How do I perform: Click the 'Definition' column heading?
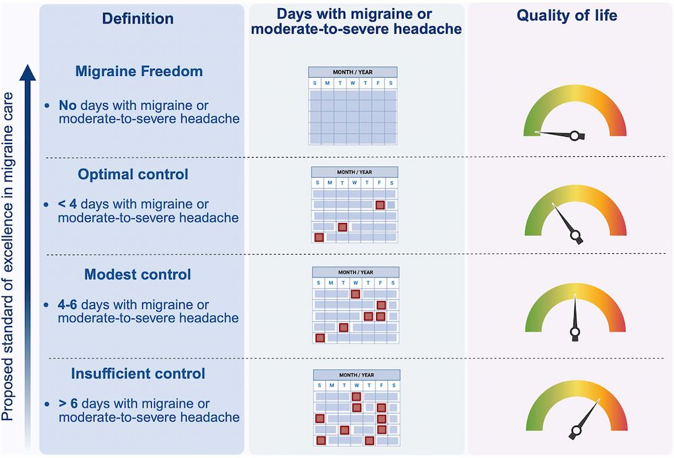point(137,18)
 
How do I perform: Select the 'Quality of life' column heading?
point(567,15)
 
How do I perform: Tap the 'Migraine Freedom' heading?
point(139,71)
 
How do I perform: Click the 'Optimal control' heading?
point(133,174)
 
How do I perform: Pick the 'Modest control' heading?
point(137,274)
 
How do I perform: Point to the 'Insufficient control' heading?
point(138,373)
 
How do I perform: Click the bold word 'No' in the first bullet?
point(67,105)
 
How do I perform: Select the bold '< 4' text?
point(67,203)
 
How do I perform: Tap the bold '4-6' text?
point(67,304)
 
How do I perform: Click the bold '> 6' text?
point(68,403)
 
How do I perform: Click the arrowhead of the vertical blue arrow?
point(28,72)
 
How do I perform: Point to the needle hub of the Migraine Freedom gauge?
point(575,136)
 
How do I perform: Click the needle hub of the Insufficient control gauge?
point(576,430)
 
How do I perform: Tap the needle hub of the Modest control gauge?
point(575,332)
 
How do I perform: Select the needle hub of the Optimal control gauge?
point(576,236)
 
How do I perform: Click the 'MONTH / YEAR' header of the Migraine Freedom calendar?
point(353,72)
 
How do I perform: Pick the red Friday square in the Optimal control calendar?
point(380,205)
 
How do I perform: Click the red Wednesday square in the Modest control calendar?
point(355,294)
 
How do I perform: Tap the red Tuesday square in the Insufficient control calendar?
point(344,430)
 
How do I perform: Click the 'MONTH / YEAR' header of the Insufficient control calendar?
point(357,375)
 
